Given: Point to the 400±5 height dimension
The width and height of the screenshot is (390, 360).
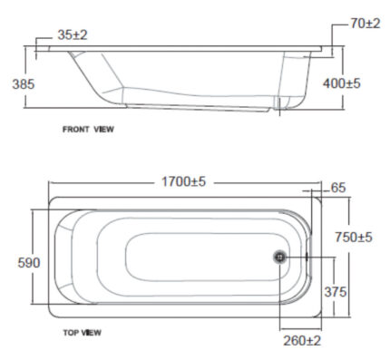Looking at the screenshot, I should [342, 83].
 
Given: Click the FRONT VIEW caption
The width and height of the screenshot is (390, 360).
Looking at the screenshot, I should [88, 130].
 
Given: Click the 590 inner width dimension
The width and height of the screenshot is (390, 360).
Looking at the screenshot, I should [17, 262].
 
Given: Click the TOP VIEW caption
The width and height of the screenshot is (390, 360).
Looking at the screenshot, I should [82, 333].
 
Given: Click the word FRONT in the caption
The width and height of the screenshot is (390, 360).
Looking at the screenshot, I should [75, 130].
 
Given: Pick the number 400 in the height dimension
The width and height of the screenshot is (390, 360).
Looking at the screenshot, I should [334, 83].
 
